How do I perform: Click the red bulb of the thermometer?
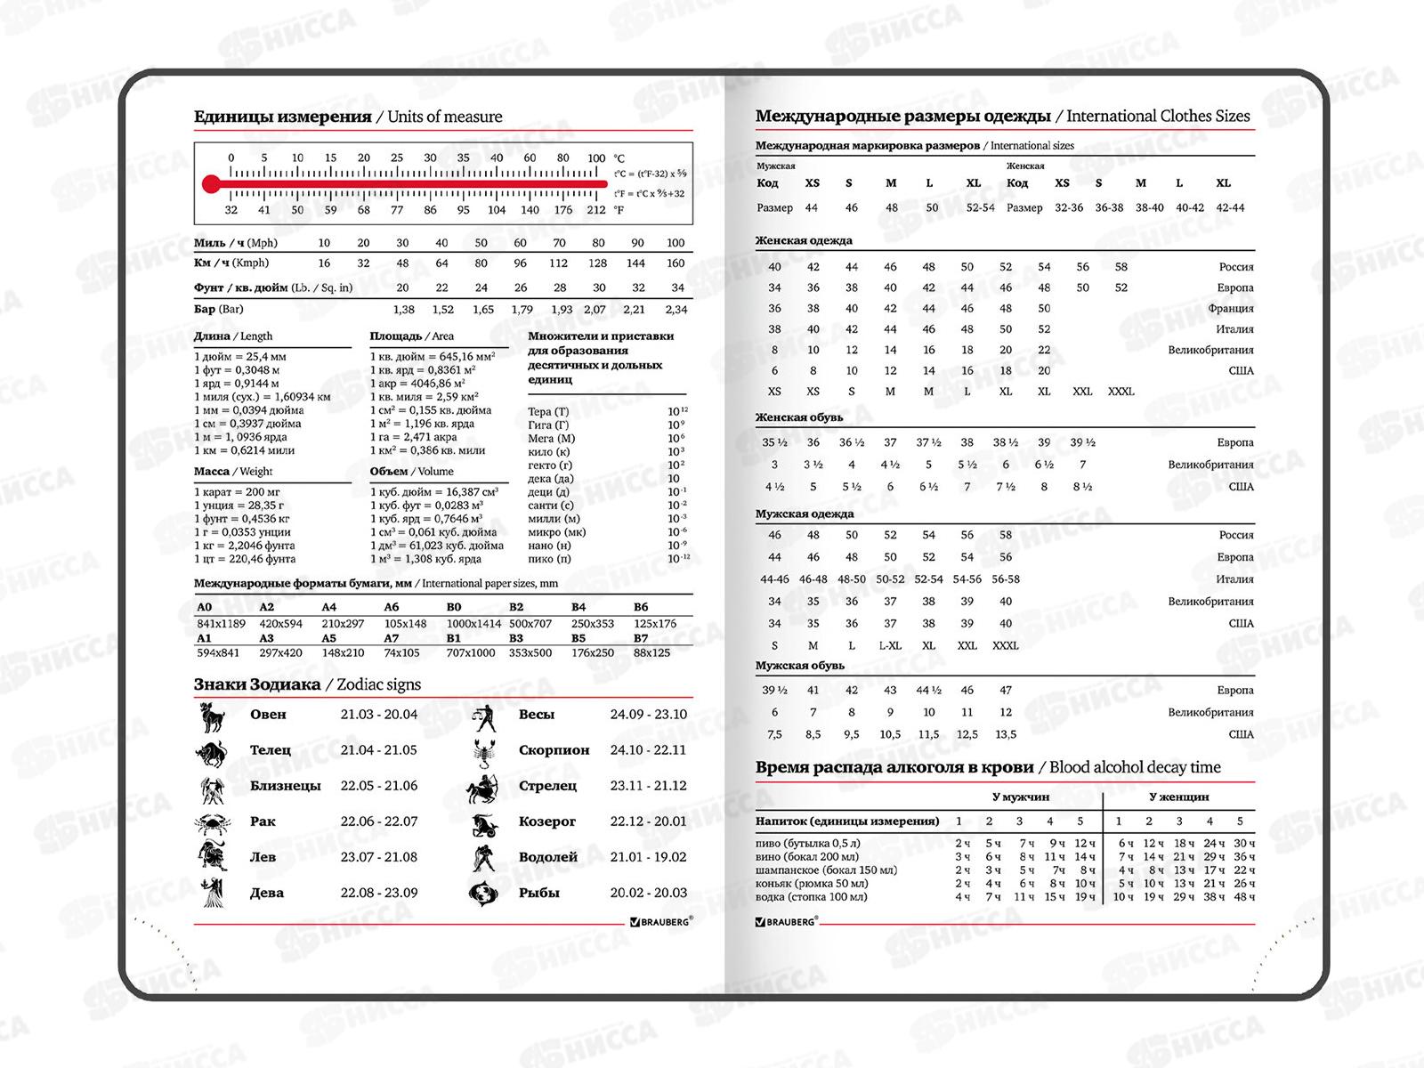tap(210, 184)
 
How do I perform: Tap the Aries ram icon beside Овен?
tap(211, 715)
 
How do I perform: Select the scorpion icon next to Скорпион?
tap(483, 750)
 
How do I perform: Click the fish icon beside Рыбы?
tap(481, 893)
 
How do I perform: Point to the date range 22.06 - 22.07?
tap(378, 821)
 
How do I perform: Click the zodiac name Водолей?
tap(548, 857)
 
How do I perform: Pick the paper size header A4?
tap(329, 607)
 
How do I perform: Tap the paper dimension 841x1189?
tap(221, 623)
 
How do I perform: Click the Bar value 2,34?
tap(676, 310)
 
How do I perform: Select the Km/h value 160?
tap(676, 263)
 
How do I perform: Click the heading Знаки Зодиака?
tap(257, 684)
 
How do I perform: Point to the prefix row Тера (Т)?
tap(548, 411)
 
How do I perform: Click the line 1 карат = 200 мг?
tap(237, 492)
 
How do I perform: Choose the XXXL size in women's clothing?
tap(1121, 392)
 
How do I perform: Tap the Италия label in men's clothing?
tap(1234, 579)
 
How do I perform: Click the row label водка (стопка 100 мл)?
tap(811, 896)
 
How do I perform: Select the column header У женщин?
tap(1178, 797)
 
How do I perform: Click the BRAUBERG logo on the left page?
tap(659, 923)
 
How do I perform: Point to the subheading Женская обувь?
tap(799, 417)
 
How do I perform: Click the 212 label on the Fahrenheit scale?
tap(596, 210)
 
